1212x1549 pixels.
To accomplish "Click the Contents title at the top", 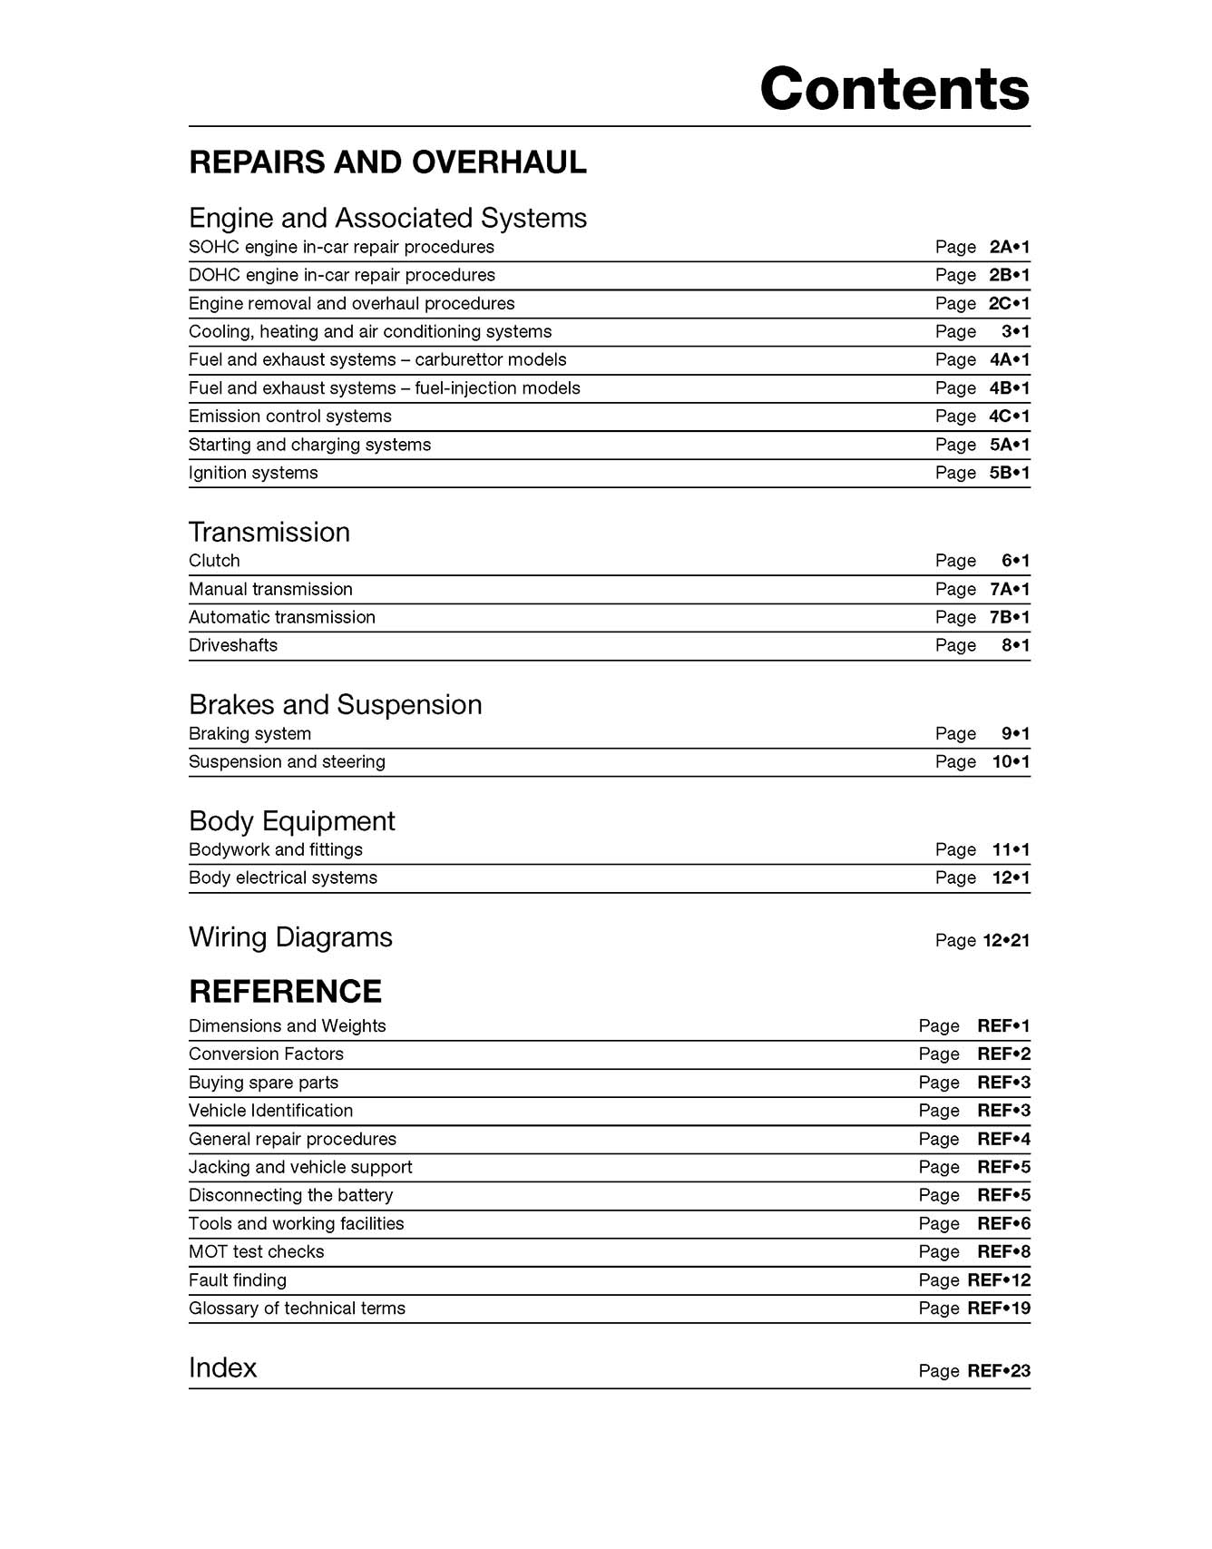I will [x=894, y=89].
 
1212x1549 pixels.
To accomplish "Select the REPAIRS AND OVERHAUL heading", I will [x=387, y=162].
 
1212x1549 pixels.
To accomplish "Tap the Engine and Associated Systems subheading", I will [x=387, y=218].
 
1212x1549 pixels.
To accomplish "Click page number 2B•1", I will [x=1009, y=275].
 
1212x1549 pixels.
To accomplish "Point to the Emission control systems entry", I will [x=290, y=417].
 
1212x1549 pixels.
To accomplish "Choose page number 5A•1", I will [x=1009, y=445].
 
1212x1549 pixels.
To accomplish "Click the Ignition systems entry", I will [x=253, y=473].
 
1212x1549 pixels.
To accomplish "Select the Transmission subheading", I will [x=269, y=532].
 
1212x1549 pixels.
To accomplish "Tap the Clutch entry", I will [x=214, y=561].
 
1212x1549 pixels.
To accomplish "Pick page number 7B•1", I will [x=1009, y=617].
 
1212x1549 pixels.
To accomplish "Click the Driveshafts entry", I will [x=233, y=645].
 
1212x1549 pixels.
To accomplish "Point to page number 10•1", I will [x=1011, y=762].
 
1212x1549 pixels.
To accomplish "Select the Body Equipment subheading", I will [x=291, y=821].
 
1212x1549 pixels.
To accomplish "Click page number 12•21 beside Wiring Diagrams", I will [x=1006, y=941].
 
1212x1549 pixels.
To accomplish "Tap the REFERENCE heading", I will [x=285, y=992].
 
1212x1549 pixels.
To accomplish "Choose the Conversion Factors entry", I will [x=266, y=1054].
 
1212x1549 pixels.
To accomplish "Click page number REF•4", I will [x=1003, y=1139].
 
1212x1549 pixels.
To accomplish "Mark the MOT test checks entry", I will [x=256, y=1252].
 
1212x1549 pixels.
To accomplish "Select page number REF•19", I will [x=999, y=1309].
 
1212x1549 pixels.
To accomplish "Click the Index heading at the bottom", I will [x=222, y=1368].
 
